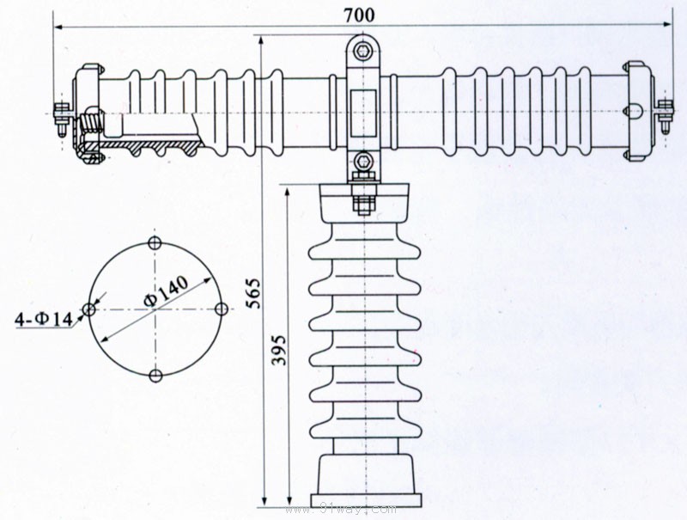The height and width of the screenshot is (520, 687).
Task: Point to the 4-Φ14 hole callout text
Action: pos(44,321)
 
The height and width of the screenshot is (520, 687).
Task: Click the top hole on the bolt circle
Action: pos(155,242)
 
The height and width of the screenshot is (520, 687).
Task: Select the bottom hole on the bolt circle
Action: pos(155,376)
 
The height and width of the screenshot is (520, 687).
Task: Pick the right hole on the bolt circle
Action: pos(221,309)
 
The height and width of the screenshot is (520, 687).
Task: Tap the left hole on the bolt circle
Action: pos(88,309)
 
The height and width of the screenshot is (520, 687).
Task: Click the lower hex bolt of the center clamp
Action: pos(363,161)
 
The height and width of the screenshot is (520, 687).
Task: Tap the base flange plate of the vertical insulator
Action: pos(364,501)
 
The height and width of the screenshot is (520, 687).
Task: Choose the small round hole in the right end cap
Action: pos(635,110)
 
